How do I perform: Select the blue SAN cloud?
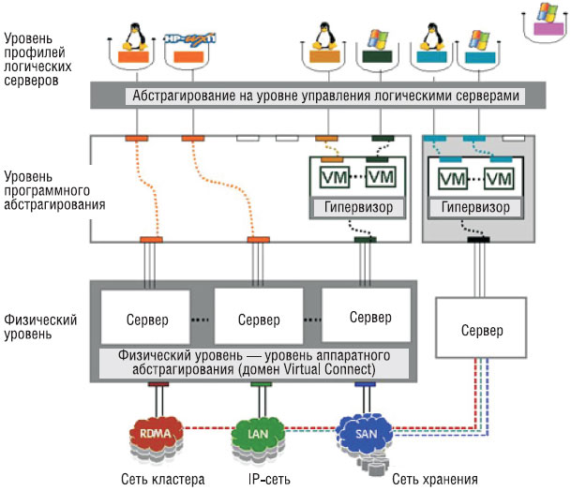(x=365, y=432)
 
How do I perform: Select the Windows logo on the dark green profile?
(x=375, y=40)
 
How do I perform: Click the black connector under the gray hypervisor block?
(x=479, y=240)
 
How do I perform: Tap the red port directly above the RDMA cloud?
(x=157, y=383)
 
